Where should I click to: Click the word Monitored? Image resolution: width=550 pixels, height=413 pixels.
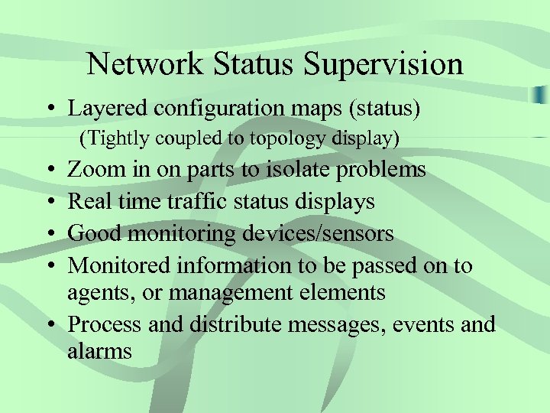pos(120,265)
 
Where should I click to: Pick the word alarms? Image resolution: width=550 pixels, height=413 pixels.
pos(100,351)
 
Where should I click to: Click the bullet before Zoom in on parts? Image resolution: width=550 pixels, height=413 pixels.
pos(48,170)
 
